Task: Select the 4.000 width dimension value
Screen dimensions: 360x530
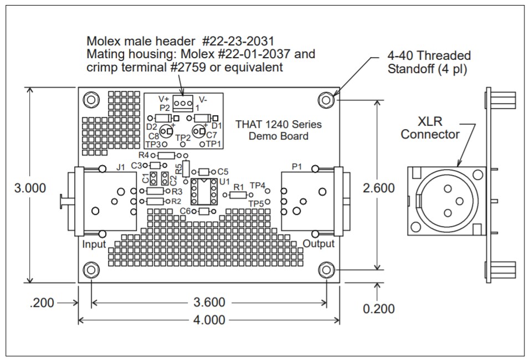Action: (210, 320)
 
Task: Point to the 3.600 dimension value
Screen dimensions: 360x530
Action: (210, 302)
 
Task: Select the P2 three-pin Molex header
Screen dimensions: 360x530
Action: (181, 103)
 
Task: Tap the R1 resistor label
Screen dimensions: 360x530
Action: (239, 187)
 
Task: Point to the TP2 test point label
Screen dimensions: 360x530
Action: (183, 136)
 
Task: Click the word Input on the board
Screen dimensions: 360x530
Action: (94, 244)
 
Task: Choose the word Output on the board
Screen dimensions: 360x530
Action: (318, 244)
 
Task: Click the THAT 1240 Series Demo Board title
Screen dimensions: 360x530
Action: (278, 130)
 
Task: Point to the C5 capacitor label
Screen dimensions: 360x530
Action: (223, 171)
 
